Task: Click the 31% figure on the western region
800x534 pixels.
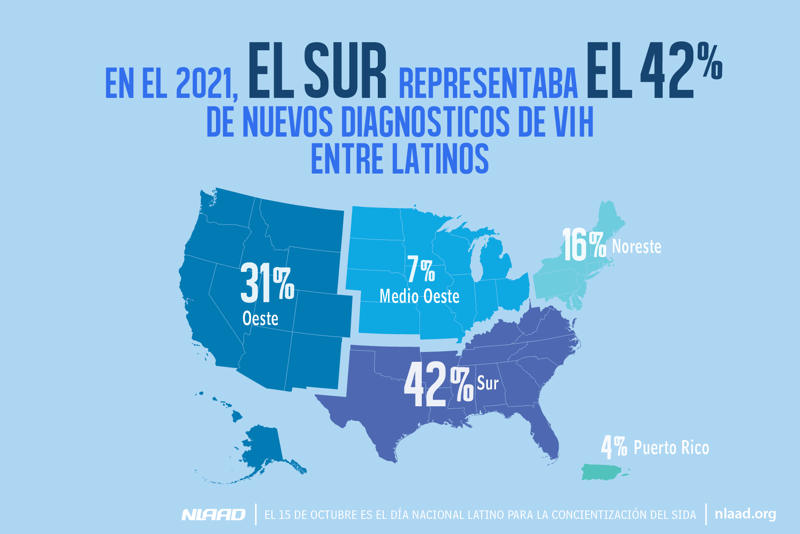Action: coord(267,283)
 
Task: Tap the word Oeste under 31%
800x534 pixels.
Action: coord(260,319)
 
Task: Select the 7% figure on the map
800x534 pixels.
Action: coord(421,270)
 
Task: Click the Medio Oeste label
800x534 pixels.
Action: coord(419,296)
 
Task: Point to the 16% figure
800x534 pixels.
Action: coord(584,245)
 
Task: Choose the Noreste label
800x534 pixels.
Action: coord(636,247)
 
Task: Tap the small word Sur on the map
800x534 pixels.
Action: coord(488,383)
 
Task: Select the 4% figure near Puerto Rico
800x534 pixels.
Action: coord(614,447)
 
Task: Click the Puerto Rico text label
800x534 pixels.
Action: coord(671,448)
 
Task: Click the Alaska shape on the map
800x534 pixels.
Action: coord(262,449)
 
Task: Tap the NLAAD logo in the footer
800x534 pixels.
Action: coord(213,515)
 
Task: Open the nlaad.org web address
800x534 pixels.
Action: coord(745,514)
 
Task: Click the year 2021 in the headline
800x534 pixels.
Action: coord(204,84)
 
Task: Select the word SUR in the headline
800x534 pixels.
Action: coord(345,71)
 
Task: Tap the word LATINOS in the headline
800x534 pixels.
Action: coord(440,158)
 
